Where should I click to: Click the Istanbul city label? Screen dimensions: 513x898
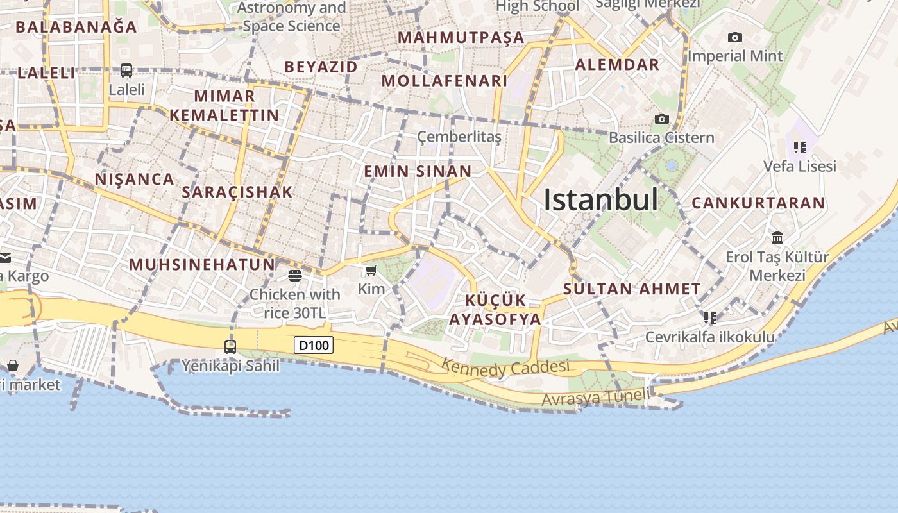(600, 200)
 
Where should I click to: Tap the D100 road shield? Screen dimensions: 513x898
(314, 346)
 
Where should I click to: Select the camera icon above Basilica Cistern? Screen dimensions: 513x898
(661, 119)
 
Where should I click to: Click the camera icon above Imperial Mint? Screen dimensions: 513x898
(735, 38)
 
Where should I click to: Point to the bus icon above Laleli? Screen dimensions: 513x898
(126, 71)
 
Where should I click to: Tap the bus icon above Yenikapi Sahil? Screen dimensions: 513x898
(230, 347)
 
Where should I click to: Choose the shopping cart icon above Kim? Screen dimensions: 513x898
(371, 271)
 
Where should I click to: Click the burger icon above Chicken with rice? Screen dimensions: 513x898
(295, 276)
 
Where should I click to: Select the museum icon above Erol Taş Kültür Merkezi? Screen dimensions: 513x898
(777, 238)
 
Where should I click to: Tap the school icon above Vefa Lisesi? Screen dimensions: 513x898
(799, 147)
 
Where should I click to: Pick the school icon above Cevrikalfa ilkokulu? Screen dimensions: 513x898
(709, 318)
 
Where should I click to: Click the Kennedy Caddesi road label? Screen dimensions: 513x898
(505, 367)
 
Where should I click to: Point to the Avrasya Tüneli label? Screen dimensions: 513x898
(595, 398)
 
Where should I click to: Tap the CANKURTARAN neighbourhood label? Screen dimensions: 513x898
(758, 203)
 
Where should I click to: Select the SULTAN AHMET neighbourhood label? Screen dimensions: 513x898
(632, 289)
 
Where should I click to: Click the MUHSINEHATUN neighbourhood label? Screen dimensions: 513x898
(202, 264)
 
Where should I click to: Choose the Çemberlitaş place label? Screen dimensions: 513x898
(459, 137)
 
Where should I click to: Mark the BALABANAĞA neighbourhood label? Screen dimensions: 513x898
(76, 27)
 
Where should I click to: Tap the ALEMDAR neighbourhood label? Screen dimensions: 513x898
(617, 65)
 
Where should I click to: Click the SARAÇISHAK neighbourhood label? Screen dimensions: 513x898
(237, 192)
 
